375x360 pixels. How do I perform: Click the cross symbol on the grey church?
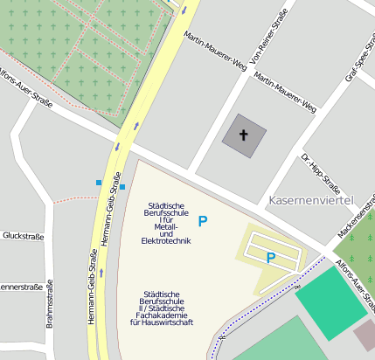244,135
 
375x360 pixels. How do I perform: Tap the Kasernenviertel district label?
310,201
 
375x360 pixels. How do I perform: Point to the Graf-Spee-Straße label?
360,64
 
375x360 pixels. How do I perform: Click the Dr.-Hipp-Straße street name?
320,172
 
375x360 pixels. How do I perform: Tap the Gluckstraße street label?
23,236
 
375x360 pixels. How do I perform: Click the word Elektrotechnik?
164,241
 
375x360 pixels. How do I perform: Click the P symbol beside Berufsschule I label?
203,222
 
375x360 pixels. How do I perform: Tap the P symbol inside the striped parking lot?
271,258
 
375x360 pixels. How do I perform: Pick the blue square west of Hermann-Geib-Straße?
99,183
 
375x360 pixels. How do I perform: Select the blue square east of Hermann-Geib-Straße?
122,187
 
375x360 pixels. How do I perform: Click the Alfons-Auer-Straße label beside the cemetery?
24,87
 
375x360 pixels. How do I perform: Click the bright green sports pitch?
331,302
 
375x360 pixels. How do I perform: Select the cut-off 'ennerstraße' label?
21,287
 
